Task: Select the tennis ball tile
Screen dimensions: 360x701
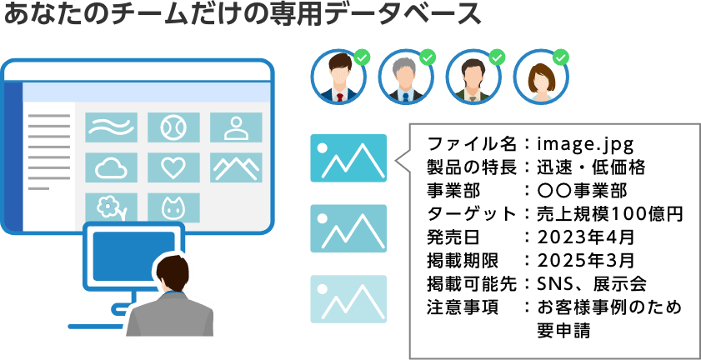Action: click(173, 127)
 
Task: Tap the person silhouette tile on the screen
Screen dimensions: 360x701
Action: click(236, 127)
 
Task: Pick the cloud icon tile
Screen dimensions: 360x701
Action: click(111, 167)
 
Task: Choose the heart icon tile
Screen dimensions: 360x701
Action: click(173, 167)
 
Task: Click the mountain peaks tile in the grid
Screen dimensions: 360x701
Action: click(236, 167)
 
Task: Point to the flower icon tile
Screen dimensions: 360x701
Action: click(111, 207)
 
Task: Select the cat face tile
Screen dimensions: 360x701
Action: click(173, 207)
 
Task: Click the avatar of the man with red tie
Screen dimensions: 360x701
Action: click(337, 77)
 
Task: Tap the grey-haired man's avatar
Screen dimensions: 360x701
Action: click(405, 77)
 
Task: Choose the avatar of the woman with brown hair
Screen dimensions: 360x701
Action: click(540, 77)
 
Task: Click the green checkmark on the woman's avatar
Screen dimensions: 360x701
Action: click(562, 57)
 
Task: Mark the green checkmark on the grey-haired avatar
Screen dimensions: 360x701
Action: click(428, 57)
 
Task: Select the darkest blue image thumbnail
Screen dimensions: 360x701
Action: click(348, 157)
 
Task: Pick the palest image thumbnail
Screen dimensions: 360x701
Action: click(348, 298)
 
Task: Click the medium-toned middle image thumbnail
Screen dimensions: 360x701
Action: click(348, 228)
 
